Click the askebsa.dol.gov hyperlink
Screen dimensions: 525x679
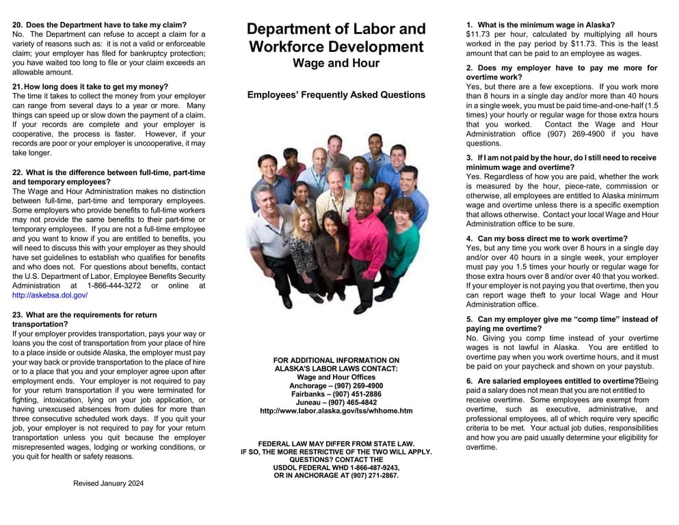pyautogui.click(x=50, y=295)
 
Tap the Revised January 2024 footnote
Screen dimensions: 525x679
pyautogui.click(x=109, y=483)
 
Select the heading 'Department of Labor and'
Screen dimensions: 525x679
pyautogui.click(x=336, y=29)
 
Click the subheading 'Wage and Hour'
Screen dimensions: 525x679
pyautogui.click(x=336, y=64)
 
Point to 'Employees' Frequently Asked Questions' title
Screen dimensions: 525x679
pyautogui.click(x=336, y=95)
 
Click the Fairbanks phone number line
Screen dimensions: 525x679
pyautogui.click(x=336, y=394)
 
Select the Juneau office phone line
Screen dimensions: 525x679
pyautogui.click(x=336, y=403)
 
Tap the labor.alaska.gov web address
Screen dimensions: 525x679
pyautogui.click(x=336, y=411)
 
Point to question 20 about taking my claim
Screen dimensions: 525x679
pyautogui.click(x=104, y=25)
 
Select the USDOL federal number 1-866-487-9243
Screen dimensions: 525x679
pyautogui.click(x=336, y=468)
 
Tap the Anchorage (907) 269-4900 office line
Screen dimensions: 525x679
pyautogui.click(x=336, y=386)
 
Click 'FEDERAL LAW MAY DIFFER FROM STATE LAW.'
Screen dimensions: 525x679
pyautogui.click(x=336, y=444)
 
